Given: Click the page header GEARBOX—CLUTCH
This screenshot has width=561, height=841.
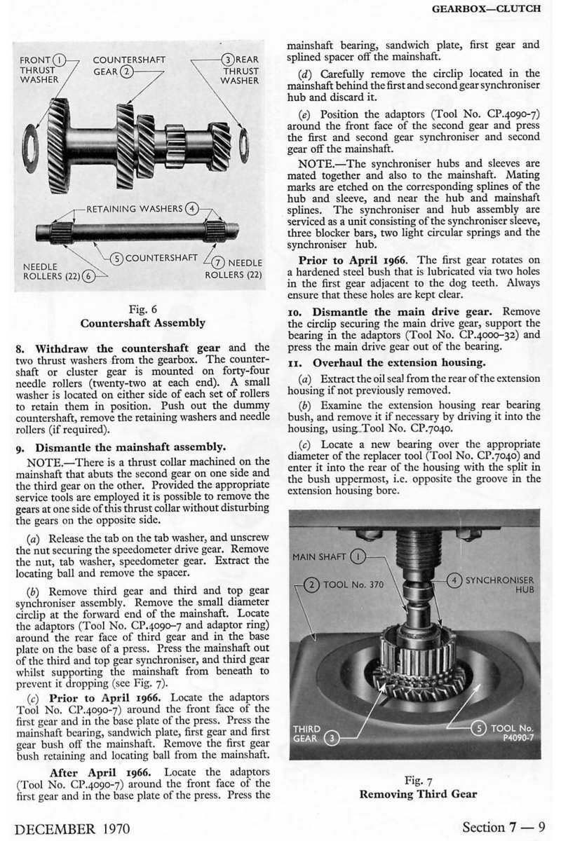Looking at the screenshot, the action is point(486,8).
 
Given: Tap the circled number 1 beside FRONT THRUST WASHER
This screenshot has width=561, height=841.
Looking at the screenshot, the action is point(60,60).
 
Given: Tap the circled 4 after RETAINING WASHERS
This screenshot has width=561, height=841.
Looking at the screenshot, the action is point(192,209).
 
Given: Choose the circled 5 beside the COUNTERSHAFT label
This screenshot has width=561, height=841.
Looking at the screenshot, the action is point(117,259).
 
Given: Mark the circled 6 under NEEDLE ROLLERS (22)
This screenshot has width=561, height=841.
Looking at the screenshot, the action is point(88,276).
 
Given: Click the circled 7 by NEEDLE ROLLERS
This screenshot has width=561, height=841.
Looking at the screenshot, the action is point(218,263).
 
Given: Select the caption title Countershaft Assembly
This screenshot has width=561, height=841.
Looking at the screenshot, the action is point(143,323).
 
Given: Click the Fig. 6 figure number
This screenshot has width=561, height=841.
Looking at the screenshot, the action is point(143,309).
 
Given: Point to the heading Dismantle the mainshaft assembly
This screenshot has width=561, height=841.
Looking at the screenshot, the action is point(130,447).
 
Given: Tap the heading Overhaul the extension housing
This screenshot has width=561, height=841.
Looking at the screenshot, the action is point(399,362).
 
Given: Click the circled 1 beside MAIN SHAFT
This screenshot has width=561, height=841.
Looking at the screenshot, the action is point(358,556).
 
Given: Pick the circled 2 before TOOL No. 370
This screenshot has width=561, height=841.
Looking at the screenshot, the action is point(313,584).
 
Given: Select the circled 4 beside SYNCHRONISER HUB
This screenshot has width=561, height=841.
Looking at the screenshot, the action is point(454,580).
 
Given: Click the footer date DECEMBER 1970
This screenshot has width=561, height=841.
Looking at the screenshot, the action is point(72,828).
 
